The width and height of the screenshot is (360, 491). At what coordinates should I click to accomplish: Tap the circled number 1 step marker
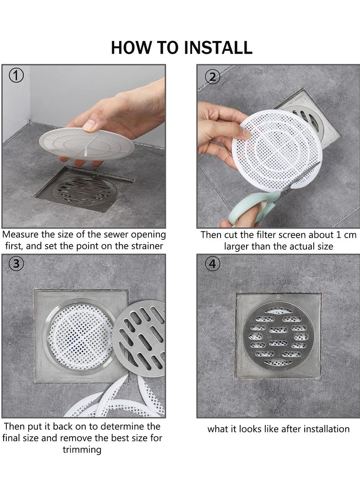coord(17,76)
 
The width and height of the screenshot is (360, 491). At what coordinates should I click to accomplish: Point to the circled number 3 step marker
coord(17,265)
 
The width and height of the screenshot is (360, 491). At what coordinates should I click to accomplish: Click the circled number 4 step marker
coord(213,265)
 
